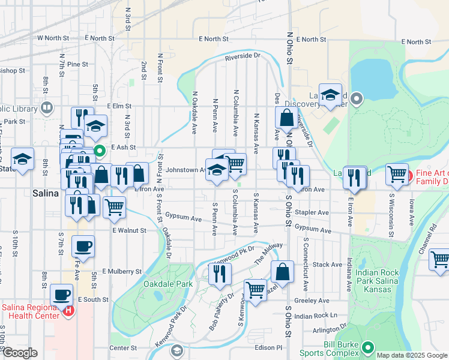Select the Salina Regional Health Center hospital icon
pyautogui.click(x=68, y=311)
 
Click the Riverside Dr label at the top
pyautogui.click(x=243, y=57)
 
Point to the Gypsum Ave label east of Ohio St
pyautogui.click(x=314, y=230)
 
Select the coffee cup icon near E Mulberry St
pyautogui.click(x=83, y=246)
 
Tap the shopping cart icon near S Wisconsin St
pyautogui.click(x=397, y=175)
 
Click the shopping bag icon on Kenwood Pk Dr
pyautogui.click(x=282, y=272)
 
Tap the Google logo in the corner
pyautogui.click(x=20, y=353)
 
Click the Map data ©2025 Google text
pyautogui.click(x=412, y=355)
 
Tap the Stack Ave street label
pyautogui.click(x=327, y=264)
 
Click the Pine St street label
pyautogui.click(x=77, y=64)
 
